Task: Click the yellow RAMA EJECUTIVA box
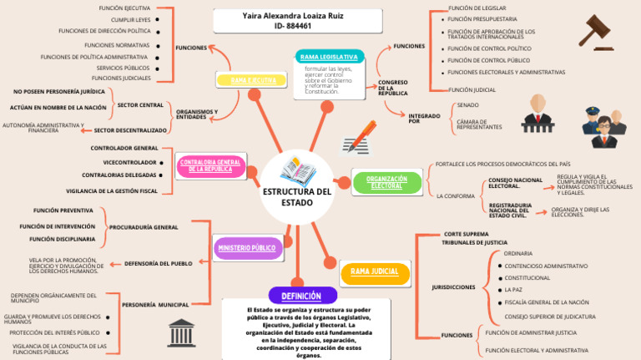253,80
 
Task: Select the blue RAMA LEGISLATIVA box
329,57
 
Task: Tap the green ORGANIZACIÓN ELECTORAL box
386,181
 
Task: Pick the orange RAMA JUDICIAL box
374,272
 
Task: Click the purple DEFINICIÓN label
301,296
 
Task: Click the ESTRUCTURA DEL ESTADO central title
297,197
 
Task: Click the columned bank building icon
181,332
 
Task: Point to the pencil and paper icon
359,138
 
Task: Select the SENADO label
467,105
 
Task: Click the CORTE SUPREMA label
466,234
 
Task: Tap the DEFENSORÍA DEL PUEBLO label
158,264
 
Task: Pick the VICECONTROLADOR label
129,162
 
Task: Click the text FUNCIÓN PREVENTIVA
63,210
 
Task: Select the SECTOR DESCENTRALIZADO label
130,130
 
